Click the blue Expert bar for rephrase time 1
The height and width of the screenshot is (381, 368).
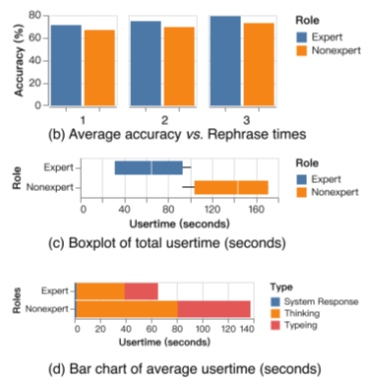[68, 65]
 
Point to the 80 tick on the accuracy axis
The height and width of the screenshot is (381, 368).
[33, 17]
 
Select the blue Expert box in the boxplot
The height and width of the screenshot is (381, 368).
[149, 168]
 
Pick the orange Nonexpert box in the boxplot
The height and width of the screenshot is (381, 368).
[230, 187]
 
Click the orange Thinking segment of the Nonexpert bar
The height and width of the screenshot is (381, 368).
[126, 308]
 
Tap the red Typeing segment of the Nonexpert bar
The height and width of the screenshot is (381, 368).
[214, 308]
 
